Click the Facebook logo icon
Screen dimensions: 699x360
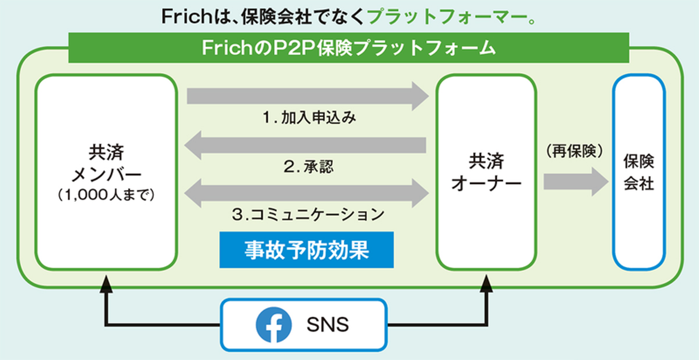pyautogui.click(x=274, y=325)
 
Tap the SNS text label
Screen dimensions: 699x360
pyautogui.click(x=328, y=325)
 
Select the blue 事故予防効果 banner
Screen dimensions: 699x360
pyautogui.click(x=306, y=250)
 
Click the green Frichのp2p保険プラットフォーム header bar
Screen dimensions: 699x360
pyautogui.click(x=349, y=48)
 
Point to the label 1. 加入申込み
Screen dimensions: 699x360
pyautogui.click(x=309, y=117)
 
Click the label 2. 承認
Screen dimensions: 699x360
pyautogui.click(x=309, y=166)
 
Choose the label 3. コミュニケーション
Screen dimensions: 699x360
pyautogui.click(x=308, y=214)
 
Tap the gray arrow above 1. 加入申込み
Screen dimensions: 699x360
pyautogui.click(x=308, y=96)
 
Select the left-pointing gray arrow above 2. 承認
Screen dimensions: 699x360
pyautogui.click(x=305, y=146)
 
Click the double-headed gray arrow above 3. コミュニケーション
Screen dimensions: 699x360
pyautogui.click(x=306, y=193)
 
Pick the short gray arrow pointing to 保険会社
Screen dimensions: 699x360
pyautogui.click(x=576, y=181)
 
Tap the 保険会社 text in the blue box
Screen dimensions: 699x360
pyautogui.click(x=639, y=172)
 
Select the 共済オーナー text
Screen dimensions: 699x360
pyautogui.click(x=486, y=172)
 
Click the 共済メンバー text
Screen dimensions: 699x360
pyautogui.click(x=106, y=163)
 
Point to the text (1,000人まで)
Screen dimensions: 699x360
pyautogui.click(x=106, y=195)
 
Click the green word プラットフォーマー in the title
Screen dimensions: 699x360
pyautogui.click(x=447, y=16)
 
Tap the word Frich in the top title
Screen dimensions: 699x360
pyautogui.click(x=186, y=16)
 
